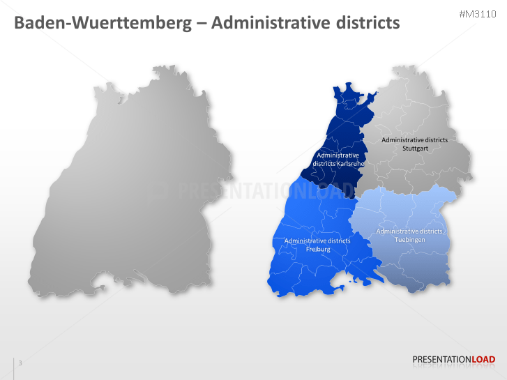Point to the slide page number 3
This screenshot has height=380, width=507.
pyautogui.click(x=20, y=363)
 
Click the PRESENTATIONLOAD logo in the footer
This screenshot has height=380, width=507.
pyautogui.click(x=454, y=360)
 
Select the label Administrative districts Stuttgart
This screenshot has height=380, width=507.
pyautogui.click(x=414, y=144)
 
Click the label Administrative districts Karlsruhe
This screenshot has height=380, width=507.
pyautogui.click(x=338, y=160)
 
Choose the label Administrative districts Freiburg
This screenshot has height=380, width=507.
pyautogui.click(x=317, y=245)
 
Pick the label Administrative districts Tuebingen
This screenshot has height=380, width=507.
pyautogui.click(x=409, y=236)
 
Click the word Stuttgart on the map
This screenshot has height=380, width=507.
pyautogui.click(x=414, y=149)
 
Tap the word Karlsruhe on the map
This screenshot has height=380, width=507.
pyautogui.click(x=351, y=164)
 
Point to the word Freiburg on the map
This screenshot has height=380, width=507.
pyautogui.click(x=317, y=249)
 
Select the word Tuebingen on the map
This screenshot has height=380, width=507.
pyautogui.click(x=409, y=240)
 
